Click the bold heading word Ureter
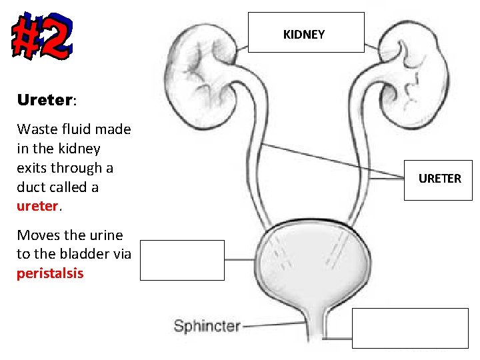[x=44, y=101]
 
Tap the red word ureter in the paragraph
[x=37, y=206]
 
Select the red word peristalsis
[x=50, y=273]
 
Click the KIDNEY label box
[x=306, y=33]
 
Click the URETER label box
[x=439, y=179]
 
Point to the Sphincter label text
[x=207, y=326]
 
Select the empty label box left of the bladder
[x=182, y=261]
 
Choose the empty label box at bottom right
[x=410, y=328]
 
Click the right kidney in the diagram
[x=413, y=63]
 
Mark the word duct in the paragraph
[x=31, y=187]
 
